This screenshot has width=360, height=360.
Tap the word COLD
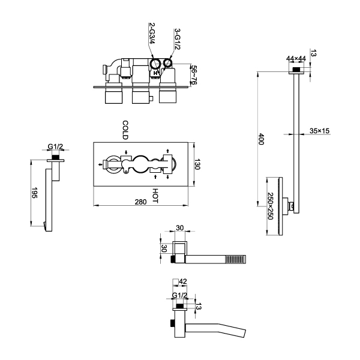125,129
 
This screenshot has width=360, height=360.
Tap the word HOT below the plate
155,196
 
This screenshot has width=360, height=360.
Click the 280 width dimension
140,202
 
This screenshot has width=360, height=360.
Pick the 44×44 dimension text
296,58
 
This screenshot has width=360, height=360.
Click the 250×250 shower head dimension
270,206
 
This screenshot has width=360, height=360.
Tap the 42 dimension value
183,280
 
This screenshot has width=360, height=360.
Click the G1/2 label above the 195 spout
56,146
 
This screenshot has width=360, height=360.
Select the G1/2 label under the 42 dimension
179,295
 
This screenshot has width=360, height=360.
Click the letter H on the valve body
155,73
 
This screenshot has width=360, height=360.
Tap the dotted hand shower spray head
235,259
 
